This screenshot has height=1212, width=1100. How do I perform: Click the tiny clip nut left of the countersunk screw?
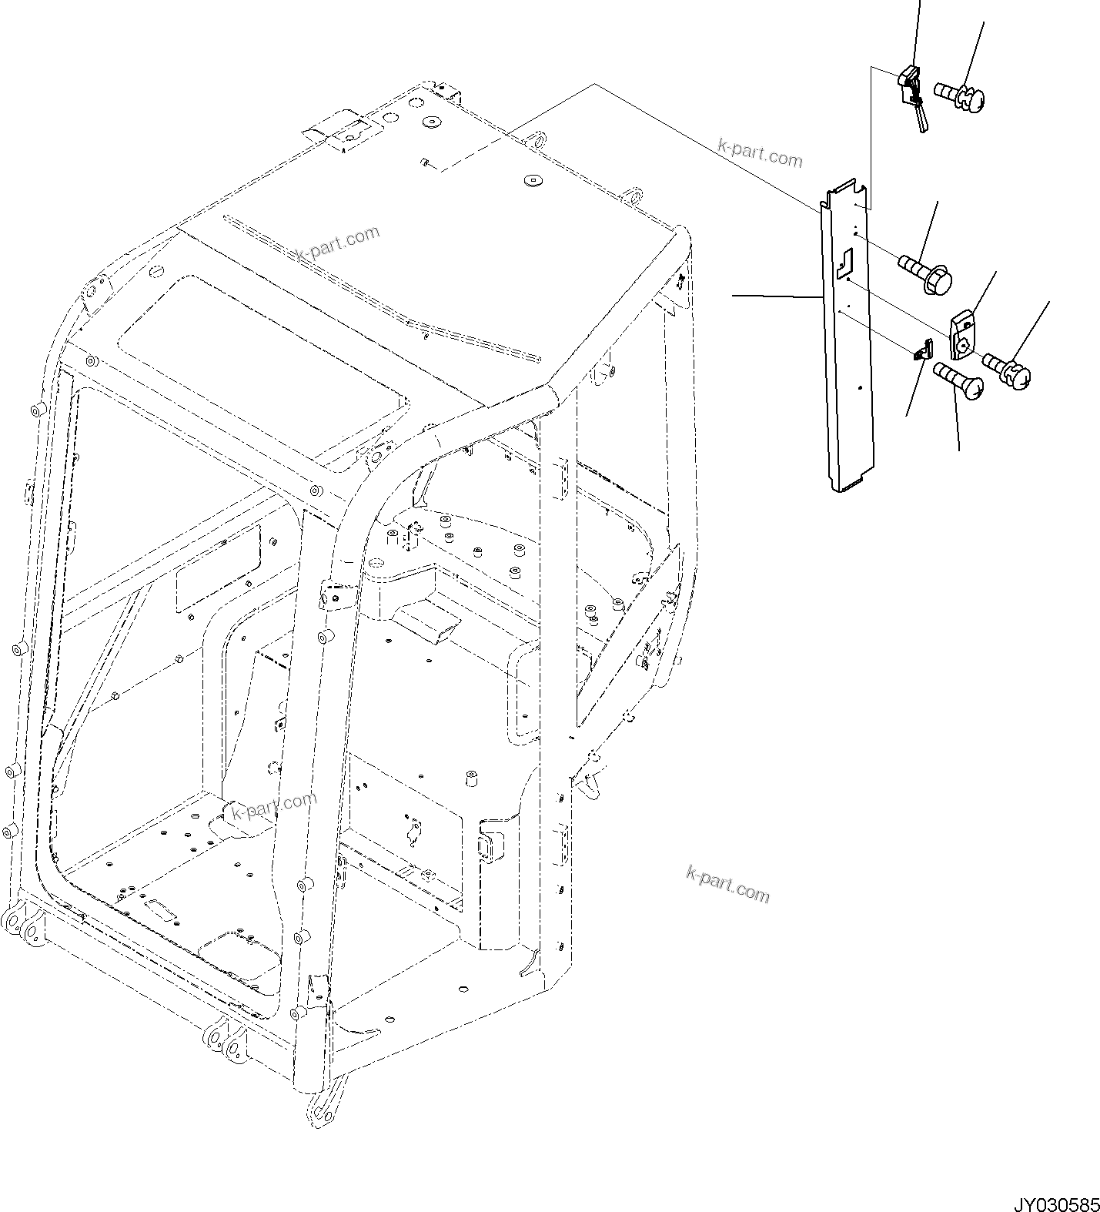point(921,353)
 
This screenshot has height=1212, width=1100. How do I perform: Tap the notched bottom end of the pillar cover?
point(853,484)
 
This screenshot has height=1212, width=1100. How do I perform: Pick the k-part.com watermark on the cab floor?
point(274,805)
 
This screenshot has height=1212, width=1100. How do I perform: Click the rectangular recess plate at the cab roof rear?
point(345,133)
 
